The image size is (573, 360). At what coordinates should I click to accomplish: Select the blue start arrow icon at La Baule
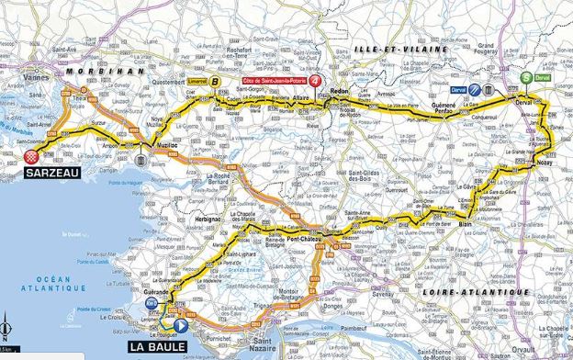[180, 325]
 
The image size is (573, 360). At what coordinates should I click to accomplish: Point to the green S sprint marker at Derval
[525, 78]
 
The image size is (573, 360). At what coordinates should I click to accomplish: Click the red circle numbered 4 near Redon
[316, 81]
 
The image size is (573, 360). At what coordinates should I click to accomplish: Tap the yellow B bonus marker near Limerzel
[216, 81]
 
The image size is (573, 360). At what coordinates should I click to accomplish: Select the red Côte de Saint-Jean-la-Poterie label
[273, 81]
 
